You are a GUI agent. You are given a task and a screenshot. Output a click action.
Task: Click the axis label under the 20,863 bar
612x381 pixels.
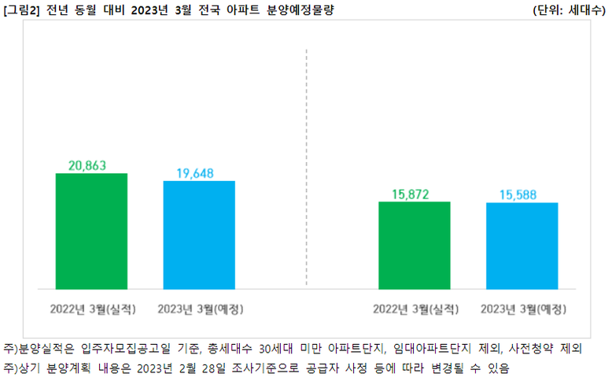(91, 308)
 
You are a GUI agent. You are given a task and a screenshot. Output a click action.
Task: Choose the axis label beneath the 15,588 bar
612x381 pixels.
(522, 308)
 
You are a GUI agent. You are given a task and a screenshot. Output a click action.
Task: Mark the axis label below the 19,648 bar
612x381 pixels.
(199, 308)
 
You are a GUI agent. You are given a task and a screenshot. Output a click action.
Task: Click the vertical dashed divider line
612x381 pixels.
(307, 157)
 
